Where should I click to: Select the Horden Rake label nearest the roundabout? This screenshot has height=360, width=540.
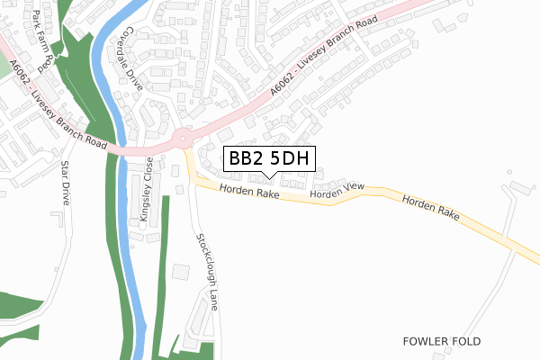[247, 191]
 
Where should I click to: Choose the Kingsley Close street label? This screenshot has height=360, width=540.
[145, 192]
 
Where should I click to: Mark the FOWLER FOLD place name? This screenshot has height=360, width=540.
[442, 342]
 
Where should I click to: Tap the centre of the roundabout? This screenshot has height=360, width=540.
[184, 138]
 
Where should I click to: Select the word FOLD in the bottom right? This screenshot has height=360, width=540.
[464, 342]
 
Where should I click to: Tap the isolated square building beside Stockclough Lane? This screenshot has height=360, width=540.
[181, 271]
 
